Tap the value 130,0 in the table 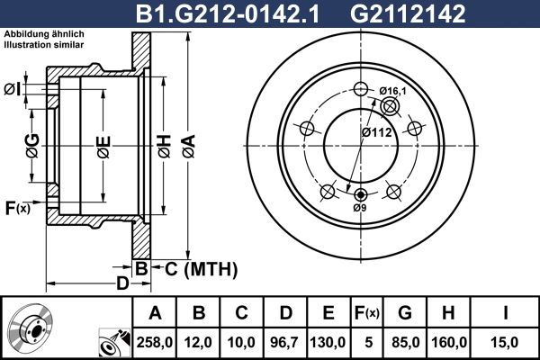pos(329,341)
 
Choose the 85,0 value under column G pos(405,341)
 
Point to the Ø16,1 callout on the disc pos(393,91)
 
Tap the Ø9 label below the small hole pos(360,208)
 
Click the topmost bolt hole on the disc pos(361,88)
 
